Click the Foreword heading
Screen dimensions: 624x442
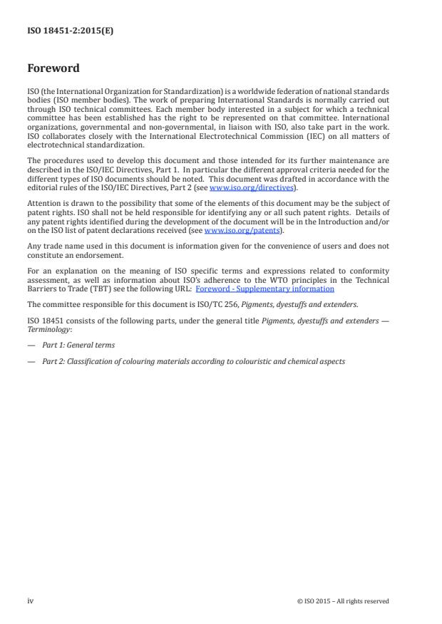(x=53, y=69)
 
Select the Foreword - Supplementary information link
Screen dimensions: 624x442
(x=264, y=288)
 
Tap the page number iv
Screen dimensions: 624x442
(x=30, y=601)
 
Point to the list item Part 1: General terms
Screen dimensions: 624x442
(x=78, y=345)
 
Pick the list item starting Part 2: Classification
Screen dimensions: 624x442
(x=192, y=361)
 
